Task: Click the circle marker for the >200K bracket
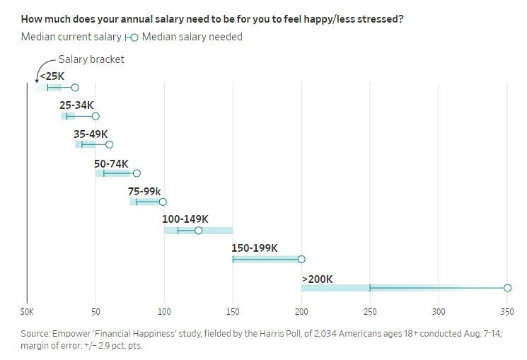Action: (x=507, y=288)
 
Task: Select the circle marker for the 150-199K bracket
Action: (x=301, y=259)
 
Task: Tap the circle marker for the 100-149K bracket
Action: (x=199, y=231)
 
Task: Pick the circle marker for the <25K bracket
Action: (x=75, y=87)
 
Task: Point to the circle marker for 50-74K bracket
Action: (x=137, y=173)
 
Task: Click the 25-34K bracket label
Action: (x=76, y=105)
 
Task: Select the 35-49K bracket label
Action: (x=91, y=134)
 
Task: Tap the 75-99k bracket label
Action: (x=144, y=191)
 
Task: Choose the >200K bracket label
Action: (x=317, y=279)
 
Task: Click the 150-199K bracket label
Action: (x=255, y=248)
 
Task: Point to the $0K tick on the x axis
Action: (x=27, y=310)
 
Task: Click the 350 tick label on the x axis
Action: (x=507, y=310)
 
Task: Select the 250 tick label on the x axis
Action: (x=370, y=310)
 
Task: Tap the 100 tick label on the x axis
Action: (x=164, y=310)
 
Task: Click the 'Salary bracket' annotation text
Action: (x=91, y=59)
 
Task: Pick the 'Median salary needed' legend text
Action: (x=192, y=37)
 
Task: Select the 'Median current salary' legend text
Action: (x=71, y=37)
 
